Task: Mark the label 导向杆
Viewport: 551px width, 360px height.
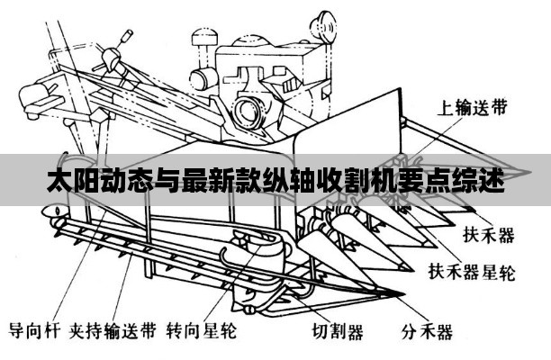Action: click(x=34, y=330)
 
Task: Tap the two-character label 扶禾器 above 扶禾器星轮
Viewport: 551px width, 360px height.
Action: click(x=488, y=236)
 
